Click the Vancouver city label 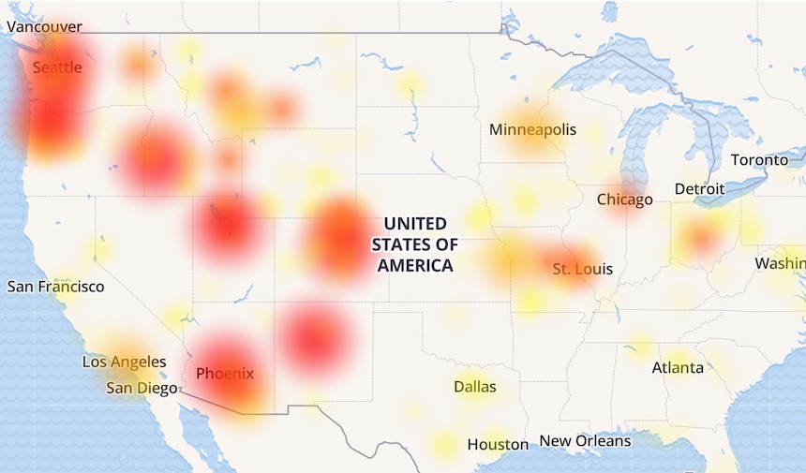pyautogui.click(x=44, y=27)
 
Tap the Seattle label pyautogui.click(x=57, y=67)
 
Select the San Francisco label pyautogui.click(x=56, y=287)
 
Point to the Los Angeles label pyautogui.click(x=125, y=362)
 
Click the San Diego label pyautogui.click(x=141, y=388)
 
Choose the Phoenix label pyautogui.click(x=225, y=374)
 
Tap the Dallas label pyautogui.click(x=475, y=387)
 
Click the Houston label pyautogui.click(x=499, y=444)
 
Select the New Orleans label pyautogui.click(x=585, y=440)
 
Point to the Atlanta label pyautogui.click(x=678, y=367)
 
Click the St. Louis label pyautogui.click(x=582, y=269)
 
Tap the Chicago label pyautogui.click(x=625, y=200)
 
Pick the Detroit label pyautogui.click(x=700, y=189)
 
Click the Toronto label pyautogui.click(x=759, y=160)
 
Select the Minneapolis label pyautogui.click(x=532, y=129)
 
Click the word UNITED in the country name pyautogui.click(x=415, y=223)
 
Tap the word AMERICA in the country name pyautogui.click(x=415, y=266)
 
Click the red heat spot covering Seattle pyautogui.click(x=52, y=89)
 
